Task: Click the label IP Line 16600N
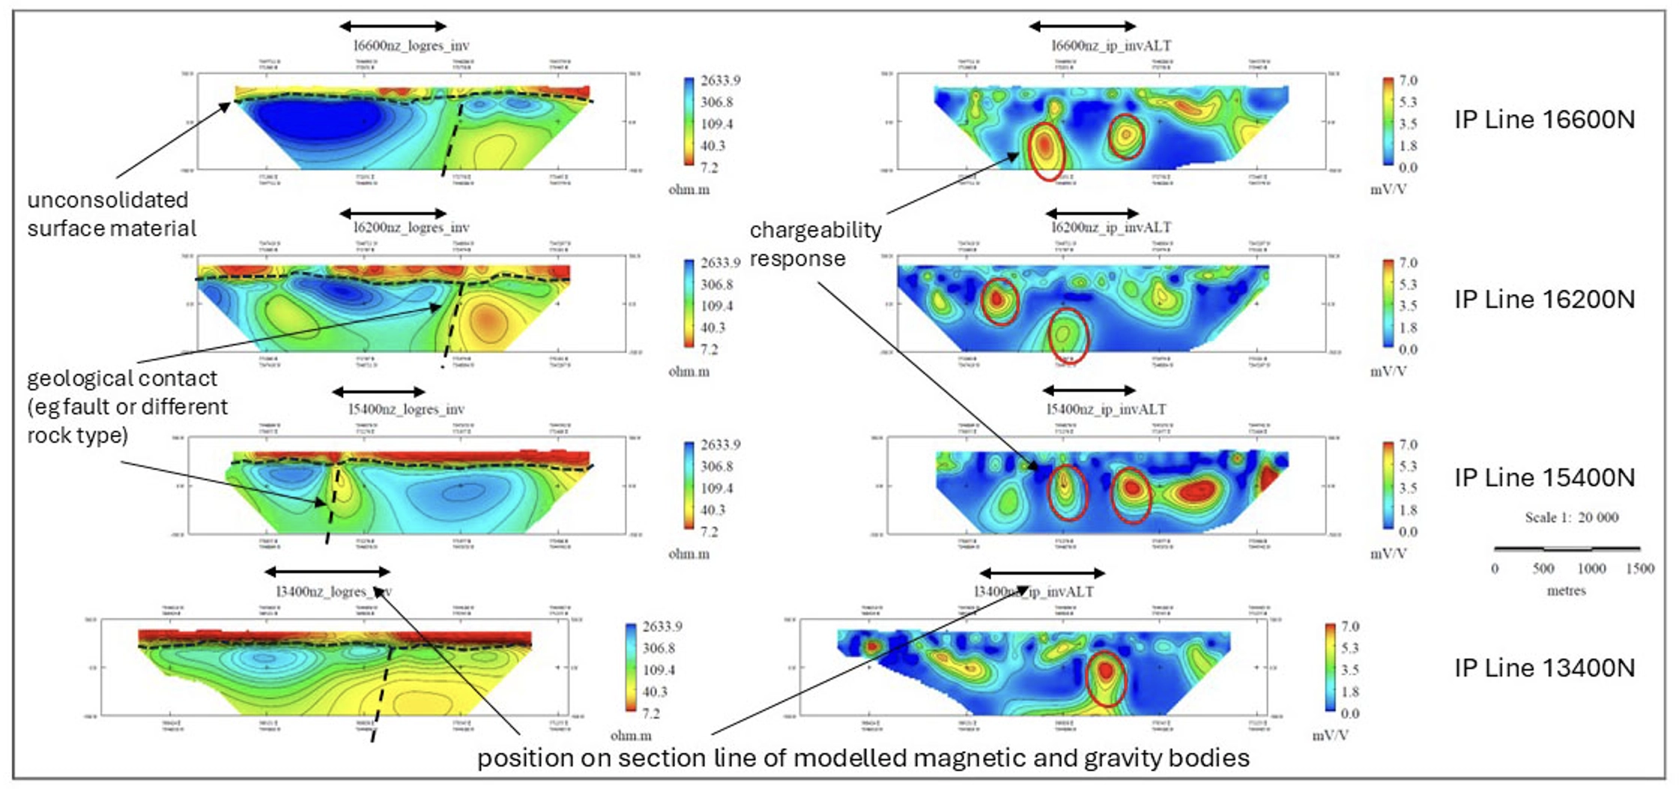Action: tap(1544, 120)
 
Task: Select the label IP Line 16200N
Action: tap(1544, 300)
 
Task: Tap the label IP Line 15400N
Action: tap(1544, 478)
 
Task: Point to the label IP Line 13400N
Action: tap(1544, 668)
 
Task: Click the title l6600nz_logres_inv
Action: tap(411, 46)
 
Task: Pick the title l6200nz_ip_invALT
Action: tap(1110, 227)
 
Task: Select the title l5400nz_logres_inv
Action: tap(406, 409)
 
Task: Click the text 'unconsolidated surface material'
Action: tap(112, 214)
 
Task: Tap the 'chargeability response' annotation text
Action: tap(815, 244)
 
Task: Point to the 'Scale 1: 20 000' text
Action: tap(1571, 518)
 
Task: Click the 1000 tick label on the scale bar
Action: tap(1591, 569)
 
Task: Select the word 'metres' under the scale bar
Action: tap(1566, 591)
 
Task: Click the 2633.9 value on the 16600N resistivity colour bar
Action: tap(720, 81)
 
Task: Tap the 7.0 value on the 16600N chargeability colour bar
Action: tap(1408, 81)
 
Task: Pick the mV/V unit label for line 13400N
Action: tap(1330, 736)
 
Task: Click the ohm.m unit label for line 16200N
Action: tap(689, 372)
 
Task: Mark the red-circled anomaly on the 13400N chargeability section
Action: tap(1106, 678)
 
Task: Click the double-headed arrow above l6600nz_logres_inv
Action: tap(393, 26)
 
